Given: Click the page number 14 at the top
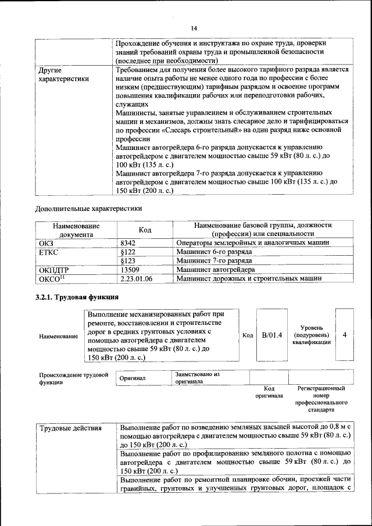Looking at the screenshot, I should [194, 28].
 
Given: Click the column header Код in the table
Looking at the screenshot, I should [145, 230].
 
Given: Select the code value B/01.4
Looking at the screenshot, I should [271, 335].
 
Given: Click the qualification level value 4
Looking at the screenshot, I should [345, 335].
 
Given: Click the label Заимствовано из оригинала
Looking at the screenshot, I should [197, 378].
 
